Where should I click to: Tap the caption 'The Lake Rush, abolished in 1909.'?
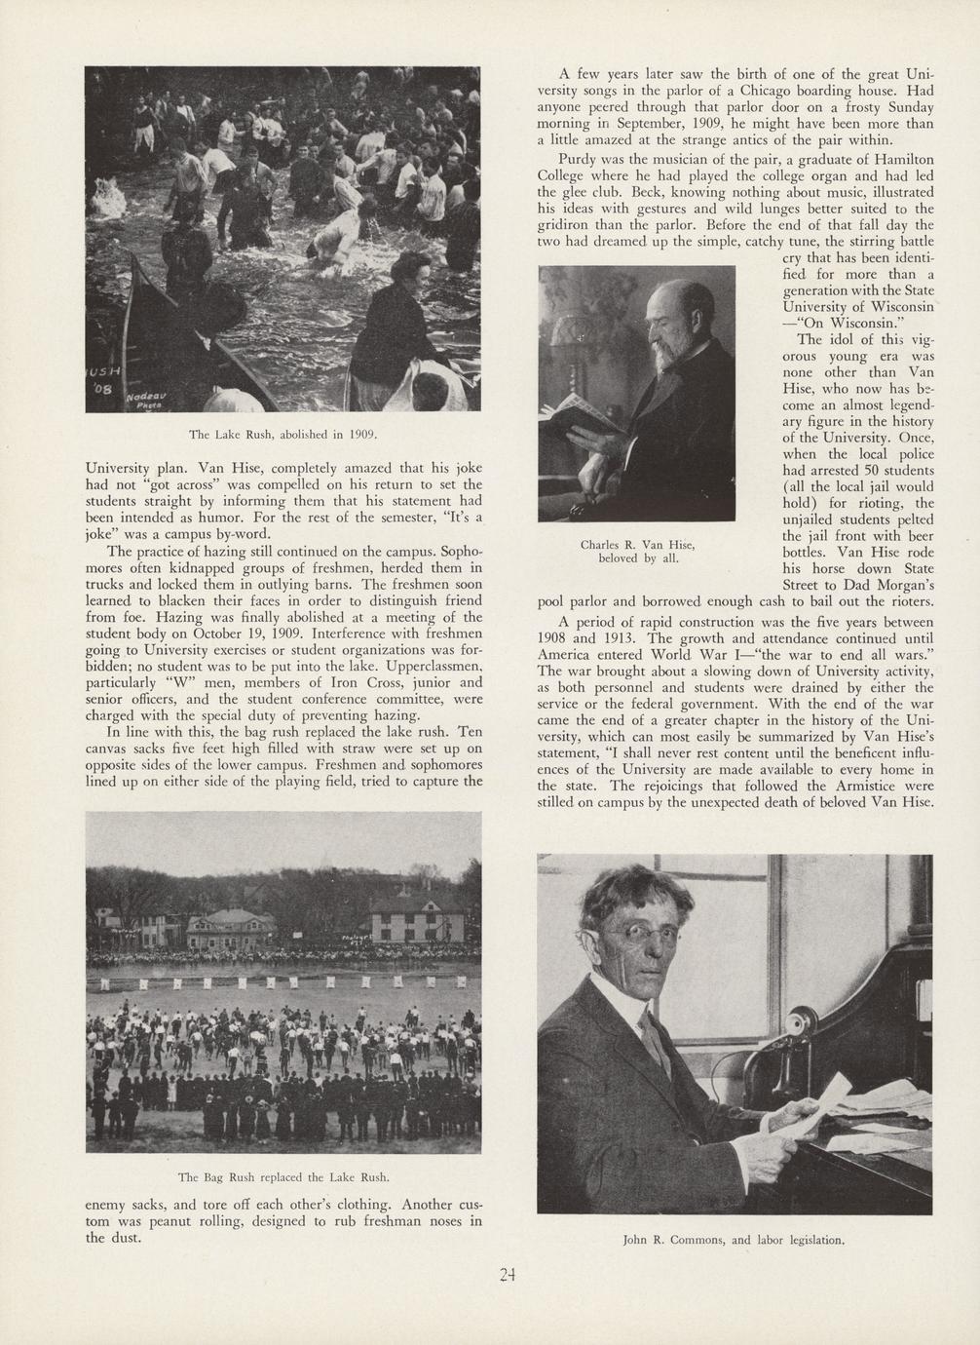coord(283,433)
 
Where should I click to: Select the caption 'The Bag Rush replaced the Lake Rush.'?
coord(283,1176)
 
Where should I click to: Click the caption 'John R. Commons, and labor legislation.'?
coord(734,1241)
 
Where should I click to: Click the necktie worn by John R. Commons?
coord(652,1039)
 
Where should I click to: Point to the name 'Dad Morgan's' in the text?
coord(888,585)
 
